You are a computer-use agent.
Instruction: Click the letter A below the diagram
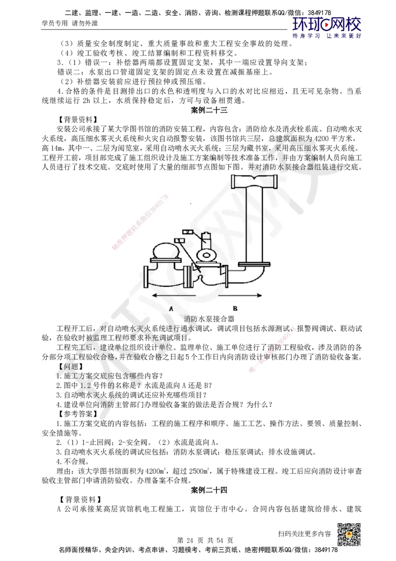171,308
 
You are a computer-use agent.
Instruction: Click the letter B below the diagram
235,308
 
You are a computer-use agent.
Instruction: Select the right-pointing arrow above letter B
240,295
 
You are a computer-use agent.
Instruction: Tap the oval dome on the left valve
166,250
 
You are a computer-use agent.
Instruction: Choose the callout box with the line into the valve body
180,241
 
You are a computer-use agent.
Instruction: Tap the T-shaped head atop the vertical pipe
254,181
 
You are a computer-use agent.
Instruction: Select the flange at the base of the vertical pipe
254,264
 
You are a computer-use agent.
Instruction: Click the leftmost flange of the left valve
146,277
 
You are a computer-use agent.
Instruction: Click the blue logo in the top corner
327,27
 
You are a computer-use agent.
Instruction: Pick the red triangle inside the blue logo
327,23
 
